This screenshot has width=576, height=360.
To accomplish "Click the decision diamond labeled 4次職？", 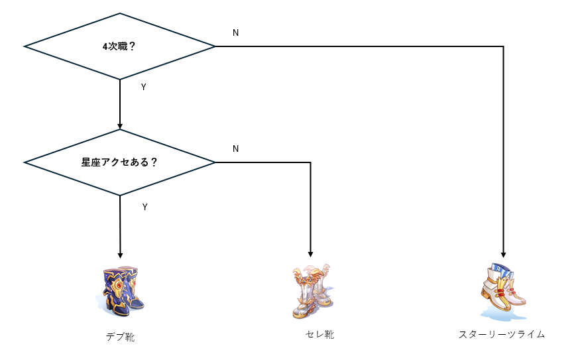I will pyautogui.click(x=120, y=46).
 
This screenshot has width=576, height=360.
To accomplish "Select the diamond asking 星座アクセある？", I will pyautogui.click(x=120, y=162).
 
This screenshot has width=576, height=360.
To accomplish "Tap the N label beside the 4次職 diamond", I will pyautogui.click(x=235, y=32).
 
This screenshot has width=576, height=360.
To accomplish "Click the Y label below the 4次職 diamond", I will pyautogui.click(x=144, y=87).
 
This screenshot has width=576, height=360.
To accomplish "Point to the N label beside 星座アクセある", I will pyautogui.click(x=235, y=149).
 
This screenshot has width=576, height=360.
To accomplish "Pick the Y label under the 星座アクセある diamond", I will pyautogui.click(x=144, y=207).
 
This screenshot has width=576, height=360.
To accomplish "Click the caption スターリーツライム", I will pyautogui.click(x=502, y=335).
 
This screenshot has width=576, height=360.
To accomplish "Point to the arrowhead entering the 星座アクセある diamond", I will pyautogui.click(x=120, y=126).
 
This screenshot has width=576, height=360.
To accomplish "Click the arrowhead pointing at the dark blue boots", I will pyautogui.click(x=120, y=255).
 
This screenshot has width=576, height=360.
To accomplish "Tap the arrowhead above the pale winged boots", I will pyautogui.click(x=310, y=254).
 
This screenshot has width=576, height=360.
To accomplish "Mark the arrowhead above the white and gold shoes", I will pyautogui.click(x=504, y=254).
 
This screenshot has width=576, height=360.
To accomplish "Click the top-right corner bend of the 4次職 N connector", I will pyautogui.click(x=504, y=46).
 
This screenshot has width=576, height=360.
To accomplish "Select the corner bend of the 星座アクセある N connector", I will pyautogui.click(x=310, y=162).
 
